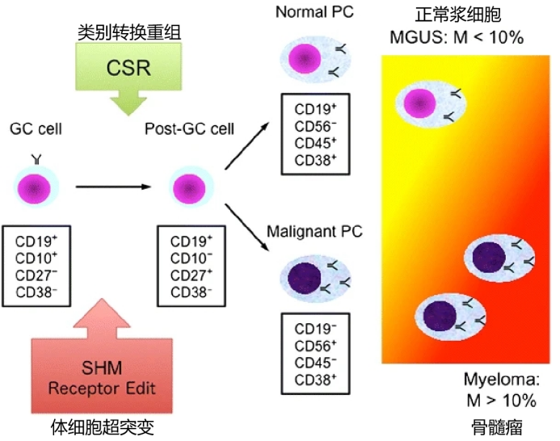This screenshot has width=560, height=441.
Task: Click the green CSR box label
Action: click(x=128, y=68)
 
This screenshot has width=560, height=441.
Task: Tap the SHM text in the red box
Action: click(x=102, y=367)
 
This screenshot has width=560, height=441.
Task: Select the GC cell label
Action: click(x=36, y=129)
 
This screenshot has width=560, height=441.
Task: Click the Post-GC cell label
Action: click(x=189, y=129)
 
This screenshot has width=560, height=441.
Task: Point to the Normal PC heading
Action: click(x=314, y=12)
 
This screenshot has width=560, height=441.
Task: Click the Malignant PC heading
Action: click(x=314, y=231)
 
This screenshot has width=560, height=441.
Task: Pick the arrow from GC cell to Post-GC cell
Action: click(x=114, y=187)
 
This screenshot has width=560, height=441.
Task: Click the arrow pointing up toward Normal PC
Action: click(x=246, y=145)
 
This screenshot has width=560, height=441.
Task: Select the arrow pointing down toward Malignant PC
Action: click(x=246, y=228)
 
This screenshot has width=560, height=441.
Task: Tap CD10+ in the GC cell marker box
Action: click(x=36, y=258)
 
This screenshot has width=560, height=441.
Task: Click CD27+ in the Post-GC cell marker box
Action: click(x=191, y=275)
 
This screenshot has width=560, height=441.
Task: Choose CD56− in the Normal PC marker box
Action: click(x=315, y=126)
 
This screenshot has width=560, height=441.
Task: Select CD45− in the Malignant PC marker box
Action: click(x=315, y=363)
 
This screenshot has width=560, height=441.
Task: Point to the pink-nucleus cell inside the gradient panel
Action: click(x=431, y=103)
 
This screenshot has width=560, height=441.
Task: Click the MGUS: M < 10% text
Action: click(x=457, y=37)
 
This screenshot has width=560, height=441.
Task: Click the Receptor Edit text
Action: click(x=102, y=388)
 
